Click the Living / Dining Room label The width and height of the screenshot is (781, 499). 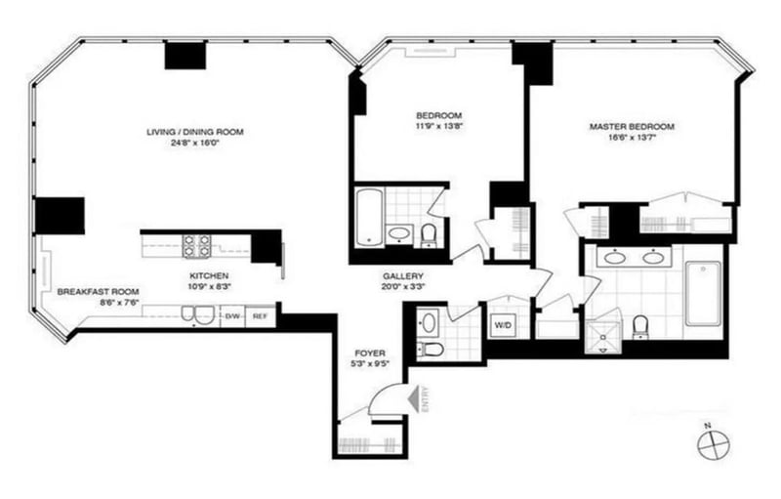pos(194,132)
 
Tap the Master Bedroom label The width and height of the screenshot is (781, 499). pos(632,127)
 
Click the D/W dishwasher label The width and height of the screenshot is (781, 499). pos(233,316)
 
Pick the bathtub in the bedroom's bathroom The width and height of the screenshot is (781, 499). pos(367,217)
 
